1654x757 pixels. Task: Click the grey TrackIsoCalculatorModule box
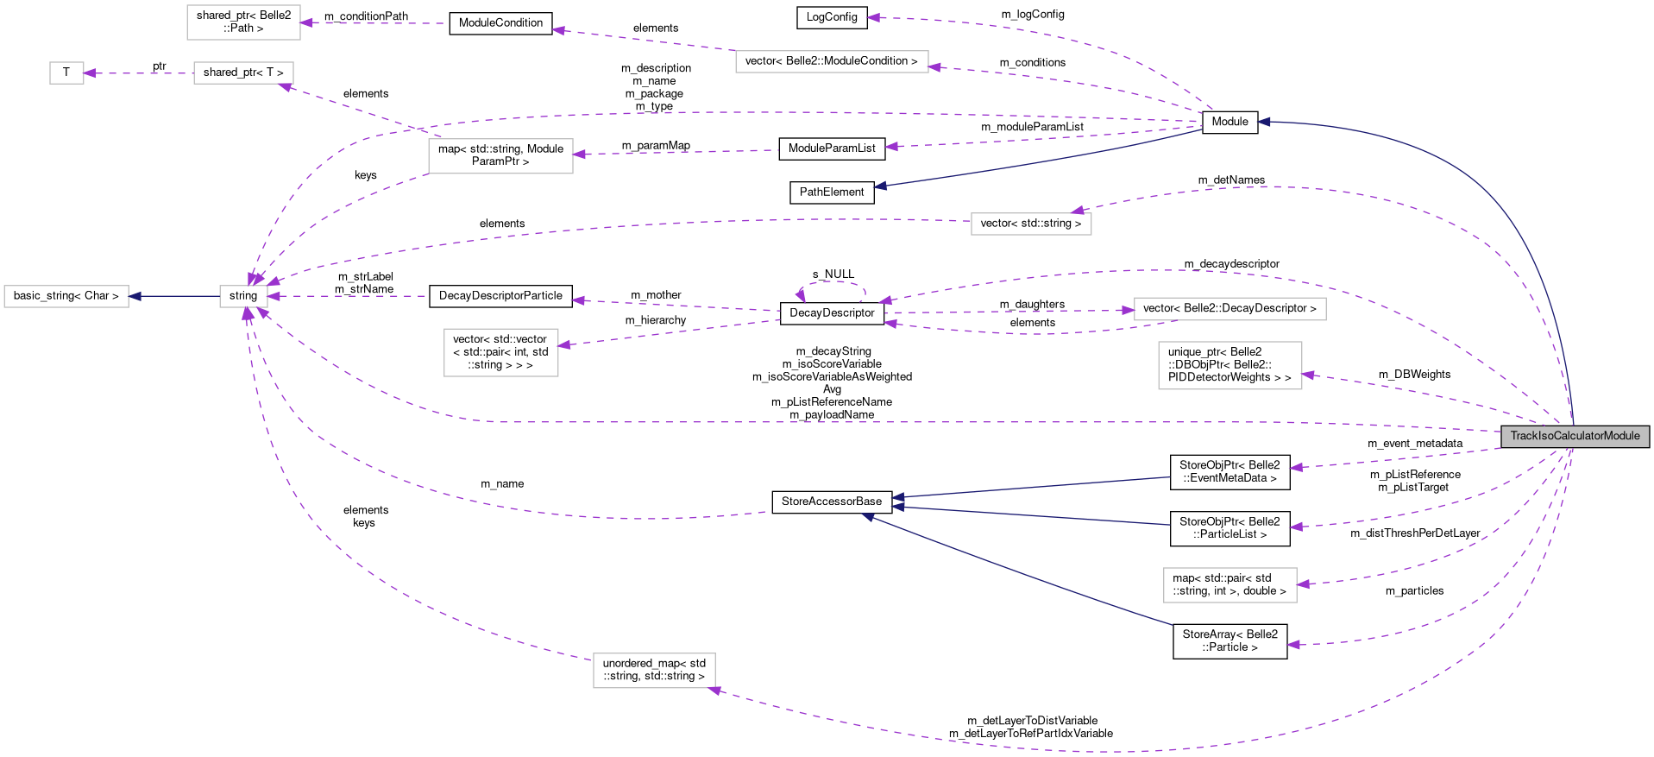coord(1575,436)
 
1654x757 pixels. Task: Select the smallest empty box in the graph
coord(66,73)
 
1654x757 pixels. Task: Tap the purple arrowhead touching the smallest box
coord(90,73)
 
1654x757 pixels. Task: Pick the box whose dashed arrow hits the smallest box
coord(243,73)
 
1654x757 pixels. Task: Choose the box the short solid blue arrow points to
coord(66,296)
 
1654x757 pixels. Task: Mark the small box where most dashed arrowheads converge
coord(243,296)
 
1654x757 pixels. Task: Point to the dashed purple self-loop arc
coord(831,282)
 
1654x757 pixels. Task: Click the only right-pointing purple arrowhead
coord(1128,310)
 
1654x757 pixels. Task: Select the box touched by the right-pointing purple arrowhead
coord(1229,309)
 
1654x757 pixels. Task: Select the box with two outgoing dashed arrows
coord(500,156)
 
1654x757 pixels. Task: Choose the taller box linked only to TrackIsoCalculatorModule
coord(1229,366)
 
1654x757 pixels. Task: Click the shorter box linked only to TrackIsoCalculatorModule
coord(1229,585)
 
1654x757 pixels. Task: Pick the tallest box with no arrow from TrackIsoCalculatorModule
coord(500,352)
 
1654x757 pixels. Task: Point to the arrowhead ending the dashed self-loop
coord(801,295)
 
